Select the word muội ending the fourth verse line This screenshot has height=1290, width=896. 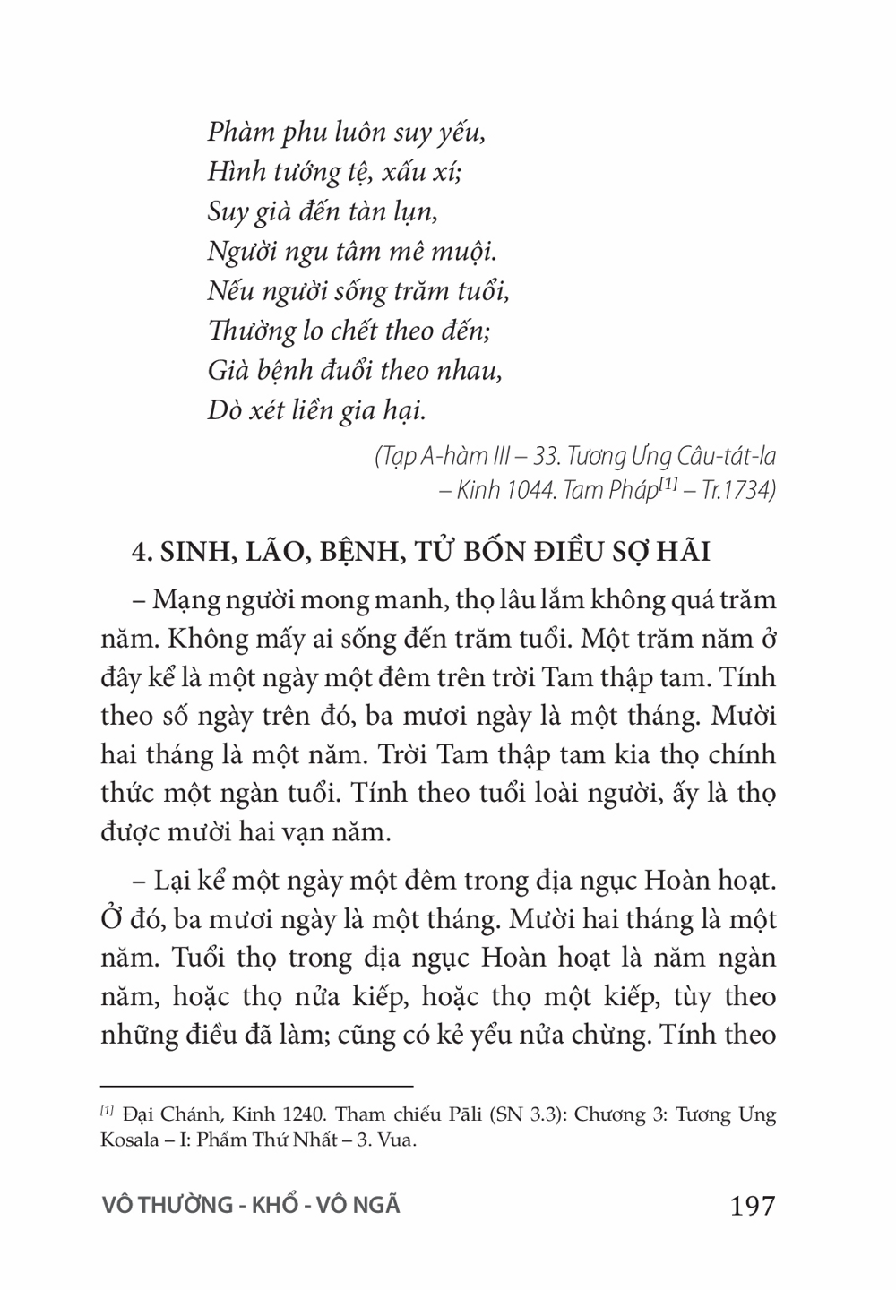point(465,252)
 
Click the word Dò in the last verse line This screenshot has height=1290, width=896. point(224,410)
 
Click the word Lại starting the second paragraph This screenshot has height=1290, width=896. point(175,880)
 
